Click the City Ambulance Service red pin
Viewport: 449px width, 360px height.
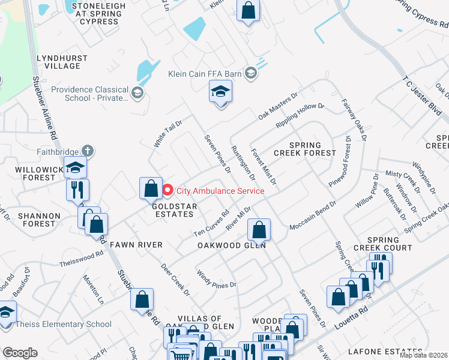click(168, 191)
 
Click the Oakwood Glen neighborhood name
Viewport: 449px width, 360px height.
click(232, 245)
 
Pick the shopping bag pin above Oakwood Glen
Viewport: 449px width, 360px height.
click(259, 229)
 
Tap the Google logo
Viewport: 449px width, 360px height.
click(20, 352)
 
